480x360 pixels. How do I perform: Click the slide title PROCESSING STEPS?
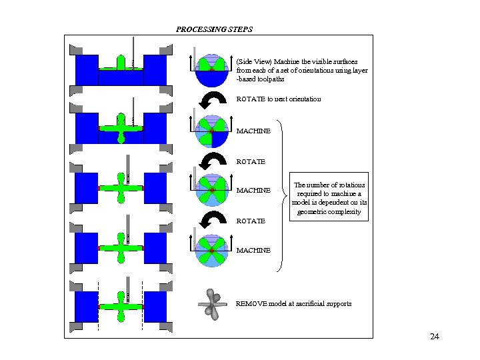click(x=214, y=29)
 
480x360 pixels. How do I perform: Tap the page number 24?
click(x=435, y=337)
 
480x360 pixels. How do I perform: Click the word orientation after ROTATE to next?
click(x=301, y=99)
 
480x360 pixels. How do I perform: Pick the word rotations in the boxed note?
click(x=353, y=185)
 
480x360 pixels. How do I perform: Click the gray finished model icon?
click(x=212, y=304)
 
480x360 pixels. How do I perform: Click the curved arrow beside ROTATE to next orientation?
click(x=213, y=99)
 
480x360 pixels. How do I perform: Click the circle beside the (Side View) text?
click(x=211, y=69)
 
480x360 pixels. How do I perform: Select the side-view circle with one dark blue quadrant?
click(x=211, y=131)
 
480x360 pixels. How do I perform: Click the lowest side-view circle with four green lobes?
click(x=211, y=250)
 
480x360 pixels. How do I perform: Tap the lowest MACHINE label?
click(x=253, y=251)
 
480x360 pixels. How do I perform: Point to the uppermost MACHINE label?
click(x=253, y=131)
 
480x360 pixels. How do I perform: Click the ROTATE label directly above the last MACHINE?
click(x=251, y=221)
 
